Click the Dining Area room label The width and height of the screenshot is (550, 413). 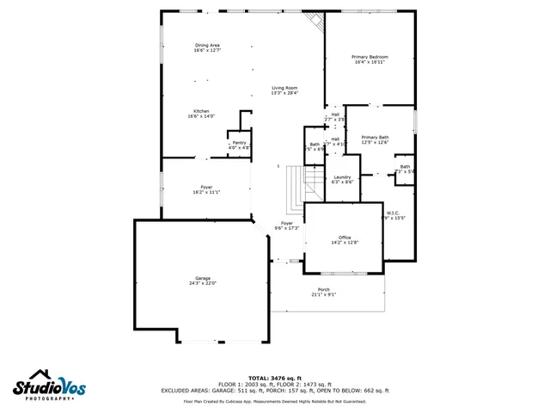[207, 46]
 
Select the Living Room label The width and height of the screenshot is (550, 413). [284, 88]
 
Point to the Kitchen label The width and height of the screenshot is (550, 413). [201, 111]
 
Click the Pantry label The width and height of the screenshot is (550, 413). [239, 143]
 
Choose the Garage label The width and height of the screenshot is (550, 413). [203, 279]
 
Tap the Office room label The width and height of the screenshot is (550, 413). [344, 237]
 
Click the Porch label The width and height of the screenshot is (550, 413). [323, 289]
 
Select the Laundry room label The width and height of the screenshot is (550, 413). [343, 178]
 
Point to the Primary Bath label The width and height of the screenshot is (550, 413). [375, 138]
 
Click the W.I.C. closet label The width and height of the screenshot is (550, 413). [393, 213]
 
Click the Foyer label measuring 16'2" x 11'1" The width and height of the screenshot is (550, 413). [206, 187]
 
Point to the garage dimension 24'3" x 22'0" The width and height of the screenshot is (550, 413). [203, 283]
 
